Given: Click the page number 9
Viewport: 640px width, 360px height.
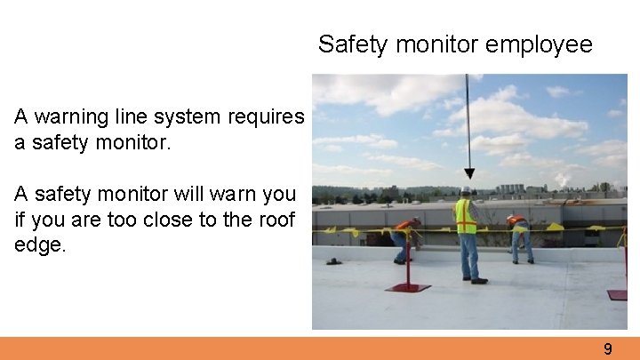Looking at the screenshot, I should tap(608, 349).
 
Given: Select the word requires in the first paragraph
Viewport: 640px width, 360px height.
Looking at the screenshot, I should tap(267, 117).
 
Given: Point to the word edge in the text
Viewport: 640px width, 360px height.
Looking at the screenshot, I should tap(39, 244).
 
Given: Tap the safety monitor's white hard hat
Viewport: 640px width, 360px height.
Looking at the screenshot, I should tap(466, 191).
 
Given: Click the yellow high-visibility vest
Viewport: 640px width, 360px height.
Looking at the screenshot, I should tap(465, 216).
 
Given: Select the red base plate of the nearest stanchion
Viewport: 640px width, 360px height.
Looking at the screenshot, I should tap(409, 288).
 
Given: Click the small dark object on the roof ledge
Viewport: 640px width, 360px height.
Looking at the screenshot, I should tap(333, 260).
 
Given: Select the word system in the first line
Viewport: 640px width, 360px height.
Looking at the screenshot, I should tap(192, 117).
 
